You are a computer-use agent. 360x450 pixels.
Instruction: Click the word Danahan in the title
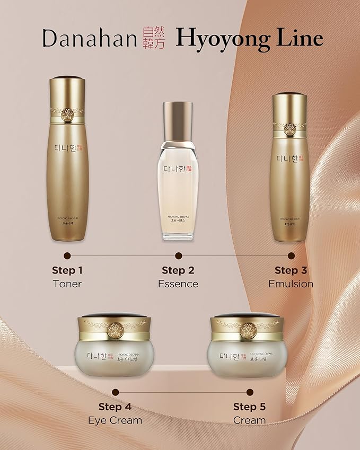click(x=91, y=39)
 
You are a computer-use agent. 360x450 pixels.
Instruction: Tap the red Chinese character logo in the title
click(x=154, y=39)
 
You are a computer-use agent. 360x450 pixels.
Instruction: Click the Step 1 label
click(x=67, y=270)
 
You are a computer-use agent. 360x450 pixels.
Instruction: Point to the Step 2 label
click(x=178, y=270)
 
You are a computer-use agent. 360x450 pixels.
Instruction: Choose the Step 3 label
click(x=291, y=270)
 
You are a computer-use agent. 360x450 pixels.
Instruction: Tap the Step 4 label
click(x=115, y=407)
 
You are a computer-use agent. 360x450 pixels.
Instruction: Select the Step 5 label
click(x=250, y=407)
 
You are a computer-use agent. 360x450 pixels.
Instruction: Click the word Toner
click(x=67, y=284)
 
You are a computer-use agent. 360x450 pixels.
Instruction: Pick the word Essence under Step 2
click(x=178, y=284)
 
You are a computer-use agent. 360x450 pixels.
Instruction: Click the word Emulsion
click(x=291, y=284)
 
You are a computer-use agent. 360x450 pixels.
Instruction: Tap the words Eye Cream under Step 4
click(x=115, y=420)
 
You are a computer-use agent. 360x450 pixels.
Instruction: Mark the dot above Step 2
click(x=178, y=255)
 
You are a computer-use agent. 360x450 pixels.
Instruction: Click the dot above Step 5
click(x=250, y=392)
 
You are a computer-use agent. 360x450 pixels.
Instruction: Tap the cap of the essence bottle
click(x=178, y=116)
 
